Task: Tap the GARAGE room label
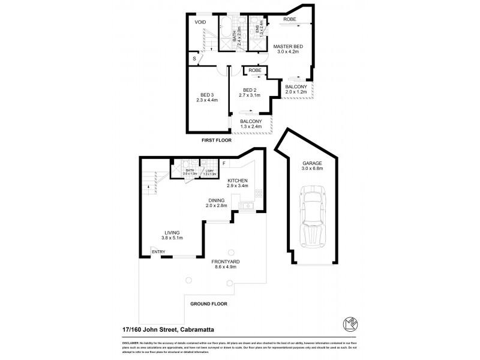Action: (x=312, y=163)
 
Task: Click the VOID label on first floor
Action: (x=200, y=22)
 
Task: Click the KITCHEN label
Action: (x=238, y=180)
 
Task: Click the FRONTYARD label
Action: (x=226, y=262)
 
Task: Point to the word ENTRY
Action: (x=158, y=251)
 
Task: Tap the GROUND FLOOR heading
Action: (x=209, y=304)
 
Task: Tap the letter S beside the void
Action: (x=193, y=58)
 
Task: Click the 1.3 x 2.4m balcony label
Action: (x=250, y=124)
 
